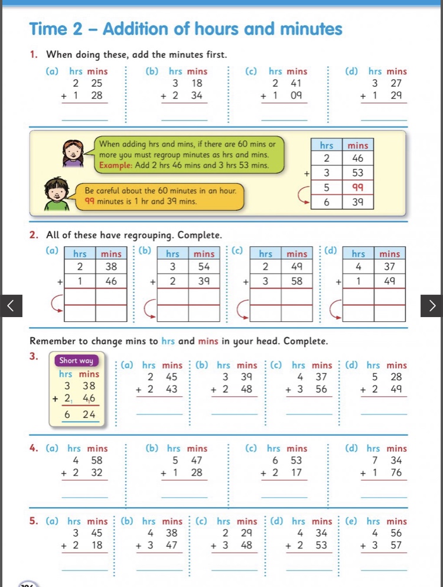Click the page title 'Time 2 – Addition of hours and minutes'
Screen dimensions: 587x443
[x=185, y=29]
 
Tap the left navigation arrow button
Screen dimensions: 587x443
[x=11, y=305]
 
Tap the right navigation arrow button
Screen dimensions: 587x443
[x=432, y=305]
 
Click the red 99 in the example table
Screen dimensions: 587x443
[x=357, y=188]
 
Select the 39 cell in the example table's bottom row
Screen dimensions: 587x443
[x=357, y=202]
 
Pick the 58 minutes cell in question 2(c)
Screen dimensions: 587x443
[x=296, y=282]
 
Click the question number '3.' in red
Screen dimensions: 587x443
[x=34, y=356]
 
